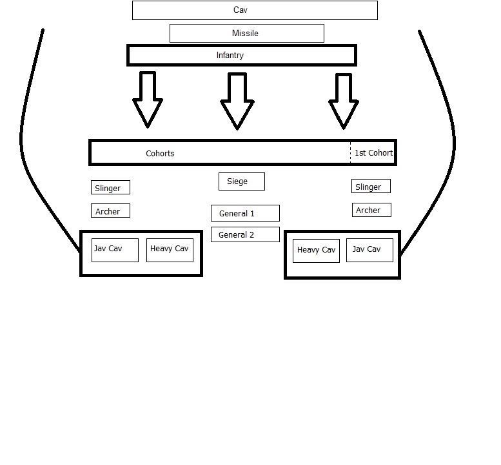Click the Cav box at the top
pyautogui.click(x=255, y=10)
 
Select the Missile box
pyautogui.click(x=246, y=33)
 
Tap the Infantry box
pyautogui.click(x=242, y=56)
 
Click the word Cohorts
pyautogui.click(x=160, y=153)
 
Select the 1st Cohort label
pyautogui.click(x=373, y=153)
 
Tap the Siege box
pyautogui.click(x=242, y=181)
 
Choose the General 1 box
pyautogui.click(x=245, y=213)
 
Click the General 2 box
pyautogui.click(x=245, y=234)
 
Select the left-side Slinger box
pyautogui.click(x=110, y=188)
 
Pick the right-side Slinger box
pyautogui.click(x=371, y=187)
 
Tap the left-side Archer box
pyautogui.click(x=110, y=211)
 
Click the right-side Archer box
pyautogui.click(x=371, y=210)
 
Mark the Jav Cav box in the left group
pyautogui.click(x=115, y=250)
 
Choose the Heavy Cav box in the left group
pyautogui.click(x=170, y=250)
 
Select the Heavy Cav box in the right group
pyautogui.click(x=316, y=251)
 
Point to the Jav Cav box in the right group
pyautogui.click(x=369, y=250)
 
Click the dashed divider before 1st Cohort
pyautogui.click(x=351, y=152)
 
